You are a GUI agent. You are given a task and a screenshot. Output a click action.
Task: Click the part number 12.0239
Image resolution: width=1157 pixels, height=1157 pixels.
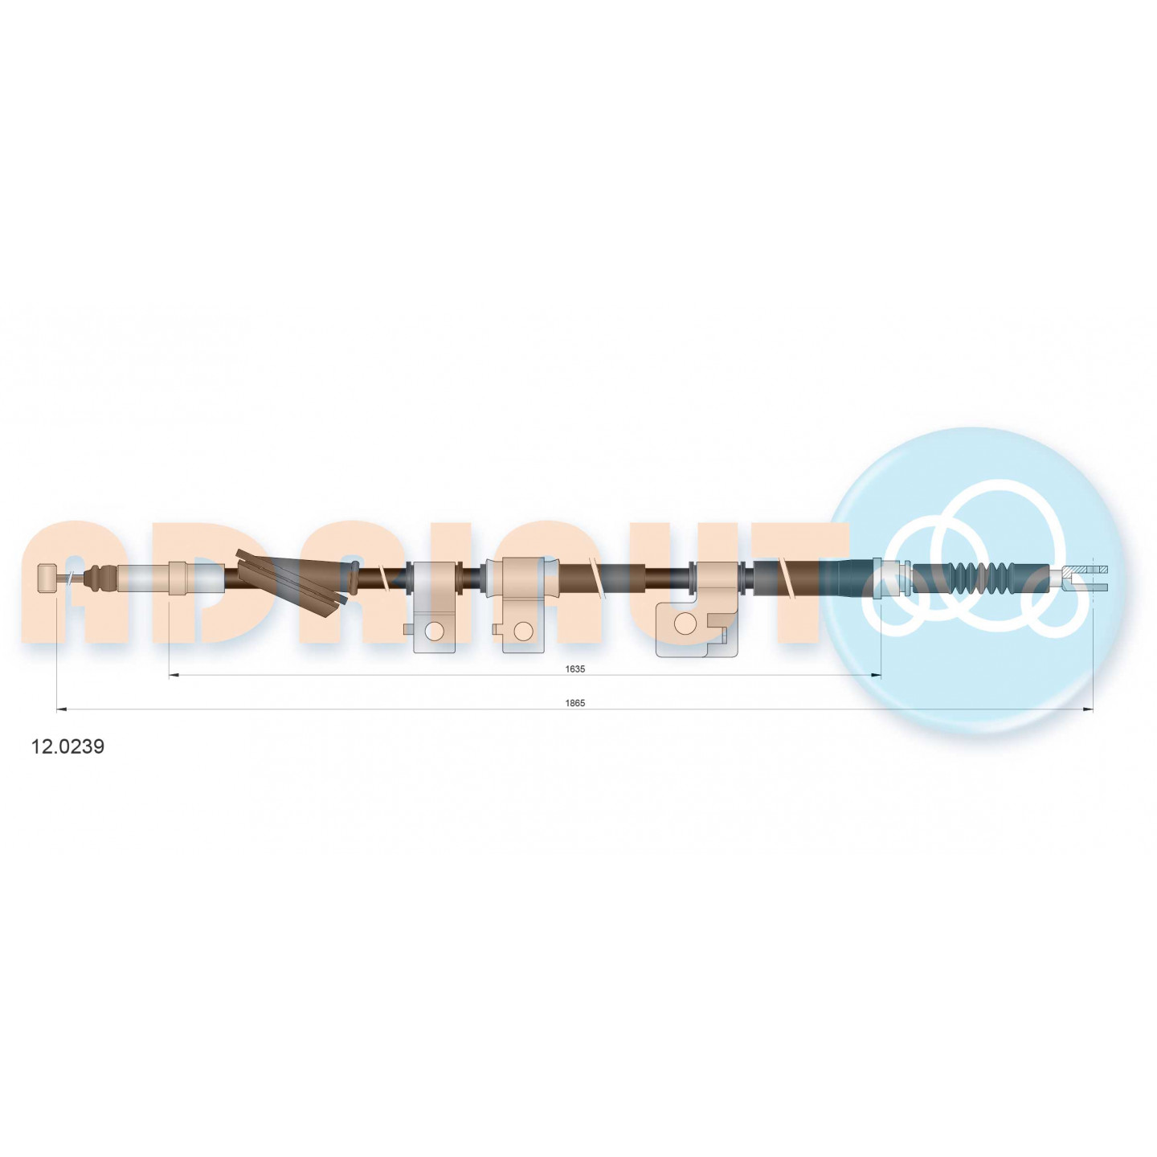[x=67, y=747]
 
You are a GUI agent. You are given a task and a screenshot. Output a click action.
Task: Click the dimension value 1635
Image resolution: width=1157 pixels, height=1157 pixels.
[x=575, y=668]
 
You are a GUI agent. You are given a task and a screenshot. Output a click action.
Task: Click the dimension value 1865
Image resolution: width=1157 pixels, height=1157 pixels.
[x=575, y=703]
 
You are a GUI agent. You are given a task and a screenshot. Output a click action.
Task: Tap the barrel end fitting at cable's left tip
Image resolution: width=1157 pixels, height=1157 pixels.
[x=47, y=577]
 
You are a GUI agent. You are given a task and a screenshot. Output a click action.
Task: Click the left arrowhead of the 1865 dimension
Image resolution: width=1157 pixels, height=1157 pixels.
[x=60, y=710]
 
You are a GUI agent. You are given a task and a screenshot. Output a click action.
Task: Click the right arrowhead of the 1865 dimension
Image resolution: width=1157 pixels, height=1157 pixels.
[x=1088, y=710]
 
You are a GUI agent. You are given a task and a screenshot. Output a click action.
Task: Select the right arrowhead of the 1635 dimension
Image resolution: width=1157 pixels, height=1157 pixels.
[x=876, y=676]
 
